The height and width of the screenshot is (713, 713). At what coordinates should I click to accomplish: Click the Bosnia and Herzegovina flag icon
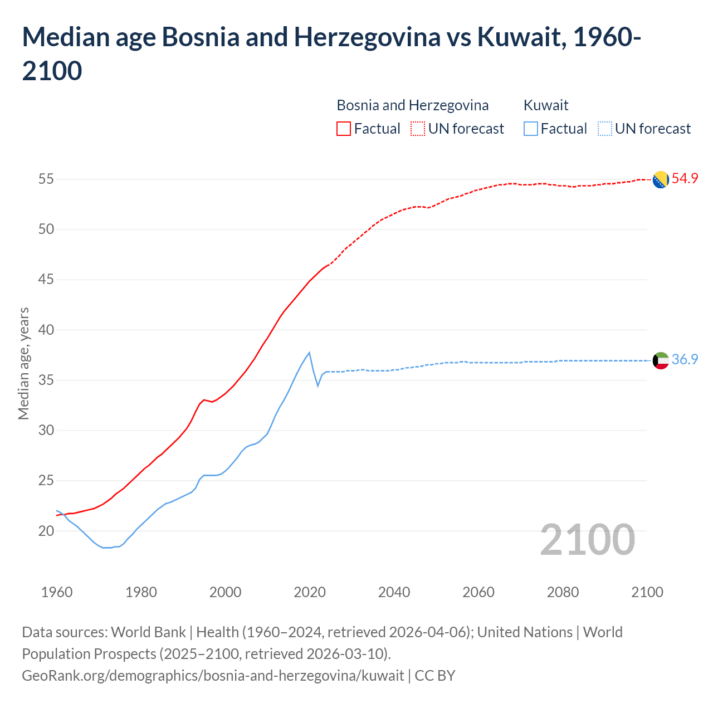[660, 179]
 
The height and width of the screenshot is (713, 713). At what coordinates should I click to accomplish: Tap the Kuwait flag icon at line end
[660, 360]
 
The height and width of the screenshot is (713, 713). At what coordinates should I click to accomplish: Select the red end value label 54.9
[685, 179]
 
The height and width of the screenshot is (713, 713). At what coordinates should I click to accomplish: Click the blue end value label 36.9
[685, 360]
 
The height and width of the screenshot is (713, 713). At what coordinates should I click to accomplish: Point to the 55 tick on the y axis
[46, 179]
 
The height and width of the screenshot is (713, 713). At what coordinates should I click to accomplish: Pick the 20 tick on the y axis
[46, 531]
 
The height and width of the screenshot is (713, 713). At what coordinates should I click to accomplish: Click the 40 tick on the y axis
[46, 330]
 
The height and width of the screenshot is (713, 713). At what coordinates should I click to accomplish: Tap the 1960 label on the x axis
[57, 592]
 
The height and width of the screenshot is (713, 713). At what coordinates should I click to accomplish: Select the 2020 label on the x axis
[310, 592]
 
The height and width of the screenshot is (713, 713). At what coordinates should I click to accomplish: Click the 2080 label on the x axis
[563, 592]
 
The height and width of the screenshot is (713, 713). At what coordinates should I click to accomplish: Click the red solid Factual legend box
[344, 129]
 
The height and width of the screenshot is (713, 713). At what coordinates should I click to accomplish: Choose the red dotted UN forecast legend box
[418, 129]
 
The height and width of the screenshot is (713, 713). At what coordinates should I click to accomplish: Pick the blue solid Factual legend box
[531, 129]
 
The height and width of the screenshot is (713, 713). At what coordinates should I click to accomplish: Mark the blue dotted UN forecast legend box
[604, 129]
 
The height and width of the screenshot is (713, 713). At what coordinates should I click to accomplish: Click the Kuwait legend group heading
[546, 105]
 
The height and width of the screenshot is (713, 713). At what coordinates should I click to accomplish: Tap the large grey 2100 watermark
[587, 540]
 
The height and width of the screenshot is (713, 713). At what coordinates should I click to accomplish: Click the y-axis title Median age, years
[23, 363]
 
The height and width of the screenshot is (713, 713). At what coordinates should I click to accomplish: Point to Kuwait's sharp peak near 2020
[309, 353]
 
